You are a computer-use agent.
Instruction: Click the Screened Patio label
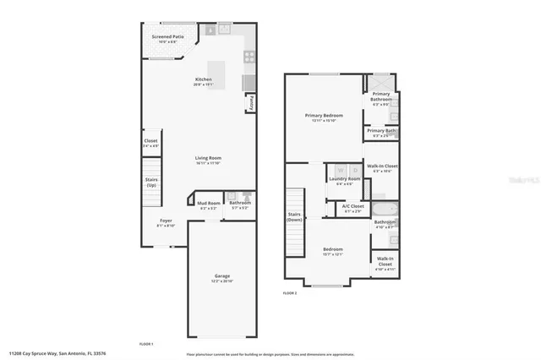tap(167, 38)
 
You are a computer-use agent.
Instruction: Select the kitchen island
tap(217, 68)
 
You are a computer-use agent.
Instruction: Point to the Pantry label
tap(251, 102)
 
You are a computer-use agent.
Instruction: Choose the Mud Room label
tap(208, 204)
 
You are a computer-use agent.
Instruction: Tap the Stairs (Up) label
tap(150, 182)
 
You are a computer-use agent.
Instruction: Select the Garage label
tap(221, 276)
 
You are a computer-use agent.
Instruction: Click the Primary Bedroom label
tap(323, 117)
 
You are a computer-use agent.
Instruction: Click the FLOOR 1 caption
tap(145, 344)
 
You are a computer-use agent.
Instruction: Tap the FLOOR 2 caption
tap(290, 292)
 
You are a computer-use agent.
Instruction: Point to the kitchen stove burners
tap(250, 57)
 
